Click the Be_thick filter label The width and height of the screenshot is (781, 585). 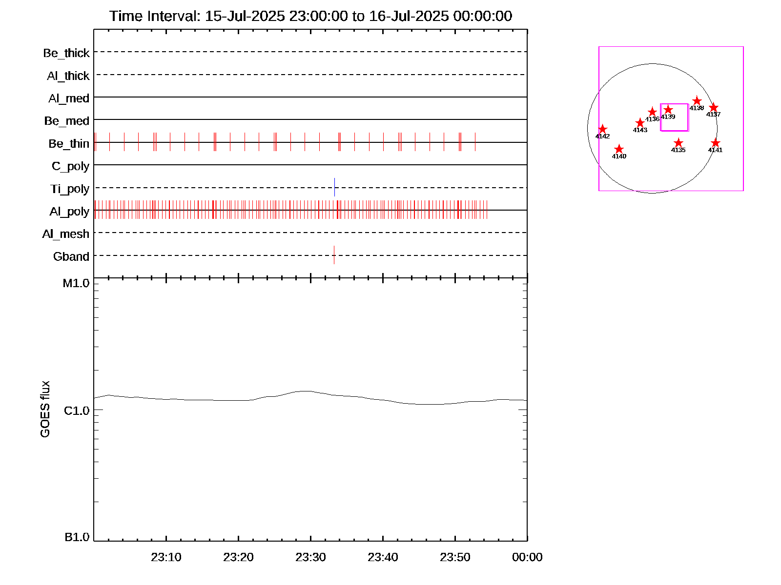pos(66,53)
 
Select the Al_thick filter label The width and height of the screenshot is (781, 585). pos(68,76)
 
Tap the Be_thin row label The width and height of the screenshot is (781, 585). pos(69,143)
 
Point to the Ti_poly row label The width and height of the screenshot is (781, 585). pos(70,189)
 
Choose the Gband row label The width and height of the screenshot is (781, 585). pos(71,256)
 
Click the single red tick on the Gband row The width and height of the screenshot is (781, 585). pos(334,255)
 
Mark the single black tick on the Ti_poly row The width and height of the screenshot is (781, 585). pos(334,187)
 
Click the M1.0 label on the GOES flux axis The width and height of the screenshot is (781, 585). pos(76,283)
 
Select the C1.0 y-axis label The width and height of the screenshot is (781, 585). pos(77,411)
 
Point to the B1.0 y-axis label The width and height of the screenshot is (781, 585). pos(77,537)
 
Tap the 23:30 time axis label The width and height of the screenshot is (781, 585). pos(310,557)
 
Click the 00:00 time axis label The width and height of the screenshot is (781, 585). pos(527,557)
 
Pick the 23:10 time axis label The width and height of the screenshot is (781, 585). pos(166,557)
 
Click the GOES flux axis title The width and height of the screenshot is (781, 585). pos(45,409)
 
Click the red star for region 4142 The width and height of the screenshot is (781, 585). pos(602,129)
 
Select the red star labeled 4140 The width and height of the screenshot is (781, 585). pos(619,149)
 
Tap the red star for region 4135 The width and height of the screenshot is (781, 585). pos(678,143)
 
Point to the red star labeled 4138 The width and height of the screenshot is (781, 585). pos(697,101)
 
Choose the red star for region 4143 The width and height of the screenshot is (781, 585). pos(640,123)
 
